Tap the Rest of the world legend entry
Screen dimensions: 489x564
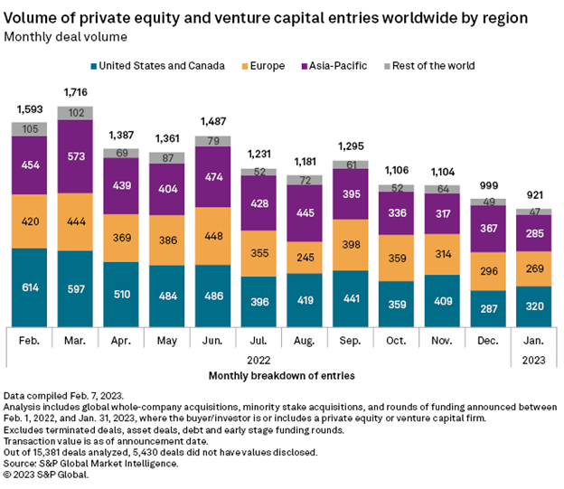[431, 65]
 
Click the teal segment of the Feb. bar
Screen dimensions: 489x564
[30, 285]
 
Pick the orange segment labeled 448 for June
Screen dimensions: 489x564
[214, 236]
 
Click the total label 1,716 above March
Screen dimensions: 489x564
[76, 93]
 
